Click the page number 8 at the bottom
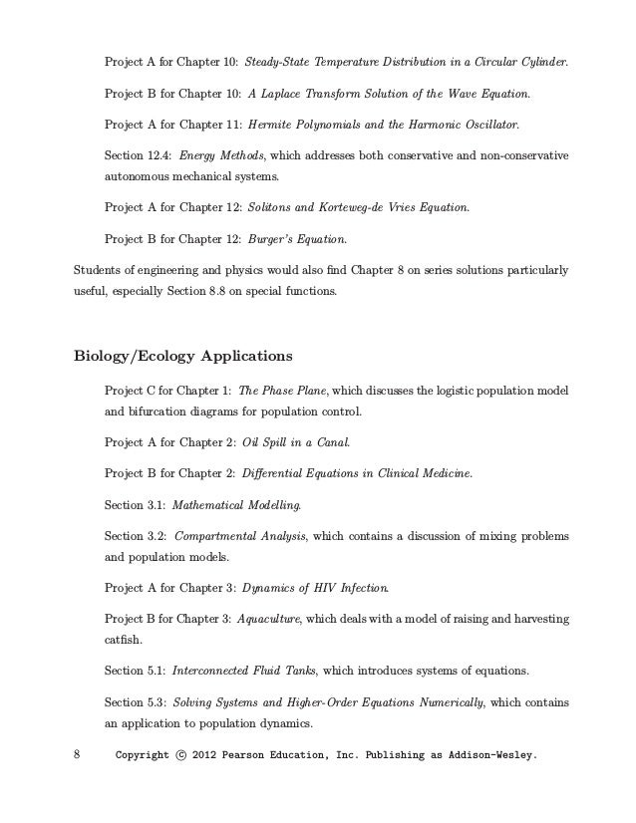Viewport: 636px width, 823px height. click(79, 755)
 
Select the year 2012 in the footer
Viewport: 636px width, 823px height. click(210, 755)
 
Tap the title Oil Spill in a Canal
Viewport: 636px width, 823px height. click(296, 441)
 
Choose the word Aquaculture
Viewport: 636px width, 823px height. click(269, 619)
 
